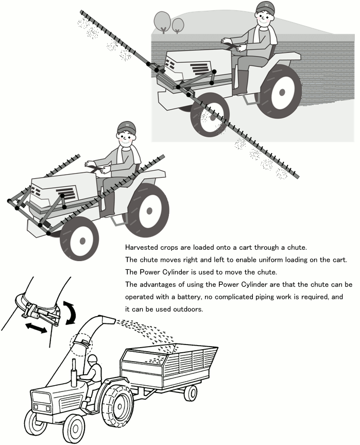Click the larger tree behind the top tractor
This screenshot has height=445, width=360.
tap(163, 21)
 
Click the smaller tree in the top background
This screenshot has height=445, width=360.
tap(178, 24)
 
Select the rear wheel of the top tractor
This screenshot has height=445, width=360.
tap(280, 92)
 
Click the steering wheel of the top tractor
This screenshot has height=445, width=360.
tap(233, 46)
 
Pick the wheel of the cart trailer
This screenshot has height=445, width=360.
tap(191, 393)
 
